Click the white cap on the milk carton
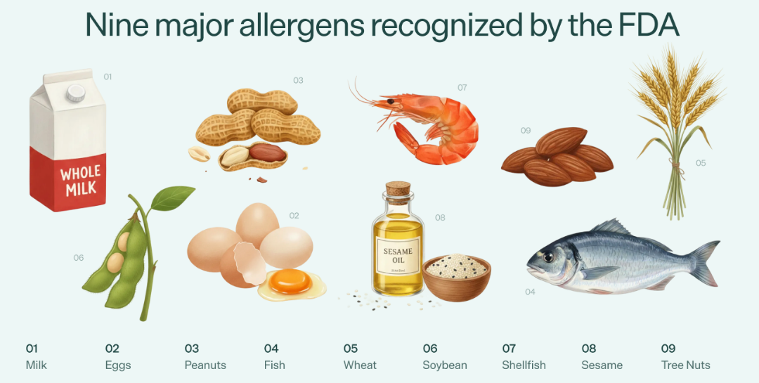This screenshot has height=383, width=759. coord(75,93)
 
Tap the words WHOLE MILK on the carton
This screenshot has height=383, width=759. coord(80,180)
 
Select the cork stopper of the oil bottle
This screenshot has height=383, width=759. coord(398,188)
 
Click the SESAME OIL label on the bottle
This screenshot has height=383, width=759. coord(398,257)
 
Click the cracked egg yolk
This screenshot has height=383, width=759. coord(290,281)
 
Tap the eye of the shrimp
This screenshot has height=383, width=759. coord(390,101)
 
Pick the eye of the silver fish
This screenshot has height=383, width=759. coord(548,257)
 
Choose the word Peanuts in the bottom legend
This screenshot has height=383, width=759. coord(205,365)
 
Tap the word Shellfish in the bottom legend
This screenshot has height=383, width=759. coord(524,365)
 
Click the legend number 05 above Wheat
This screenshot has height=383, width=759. coord(351,349)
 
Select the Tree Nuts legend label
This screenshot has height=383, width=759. coord(685,365)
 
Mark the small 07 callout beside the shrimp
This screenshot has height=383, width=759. coord(462,88)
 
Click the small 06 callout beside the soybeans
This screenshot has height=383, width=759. coord(79,258)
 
